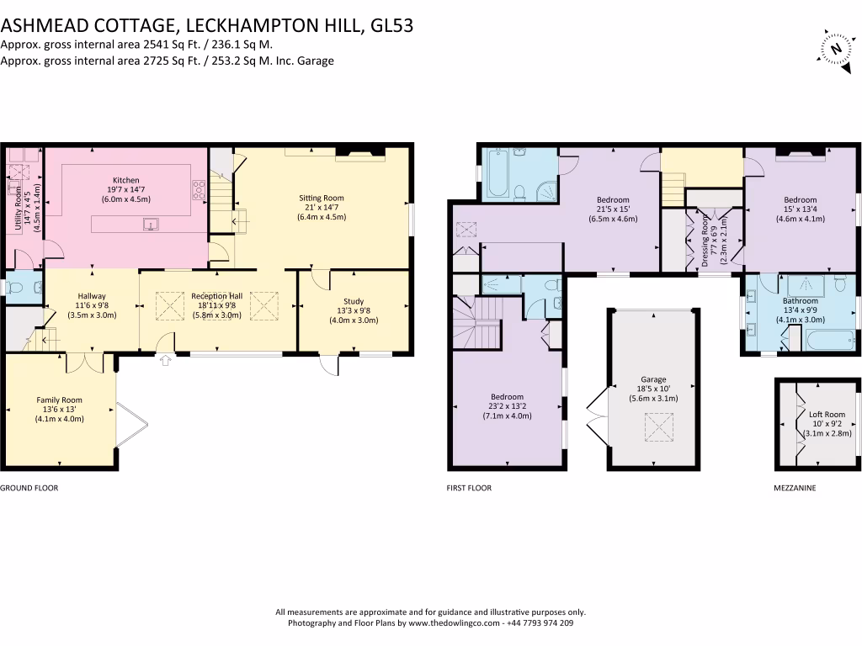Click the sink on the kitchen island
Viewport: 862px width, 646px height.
point(152,224)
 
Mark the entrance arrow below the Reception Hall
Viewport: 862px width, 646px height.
point(165,361)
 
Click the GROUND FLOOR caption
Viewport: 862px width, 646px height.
point(29,488)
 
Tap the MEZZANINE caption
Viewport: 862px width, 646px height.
point(795,488)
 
